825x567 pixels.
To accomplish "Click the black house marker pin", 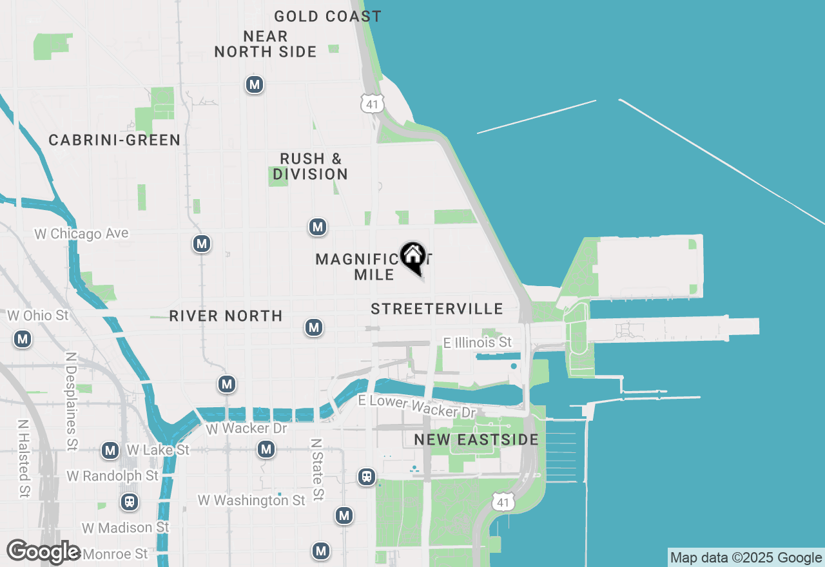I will coord(412,257).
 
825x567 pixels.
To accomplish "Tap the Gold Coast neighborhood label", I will coord(327,16).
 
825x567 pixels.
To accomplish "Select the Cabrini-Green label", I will coord(115,140).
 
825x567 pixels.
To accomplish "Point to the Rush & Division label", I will coord(310,166).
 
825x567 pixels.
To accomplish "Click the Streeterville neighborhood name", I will coord(437,309).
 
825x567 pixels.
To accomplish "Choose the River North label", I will coord(226,316).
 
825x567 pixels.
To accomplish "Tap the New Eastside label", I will coord(476,439).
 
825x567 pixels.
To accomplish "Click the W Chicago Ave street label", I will coord(81,233).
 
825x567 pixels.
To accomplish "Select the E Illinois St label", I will coord(478,342).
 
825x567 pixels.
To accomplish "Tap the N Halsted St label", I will coord(23,458).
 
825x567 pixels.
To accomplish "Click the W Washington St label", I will coord(251,500).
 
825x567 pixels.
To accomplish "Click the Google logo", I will coord(43,552).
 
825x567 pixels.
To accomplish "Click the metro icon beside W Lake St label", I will coord(110,450).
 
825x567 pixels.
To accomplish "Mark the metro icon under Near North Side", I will coord(255,84).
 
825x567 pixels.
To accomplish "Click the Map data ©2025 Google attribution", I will coord(746,557).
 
